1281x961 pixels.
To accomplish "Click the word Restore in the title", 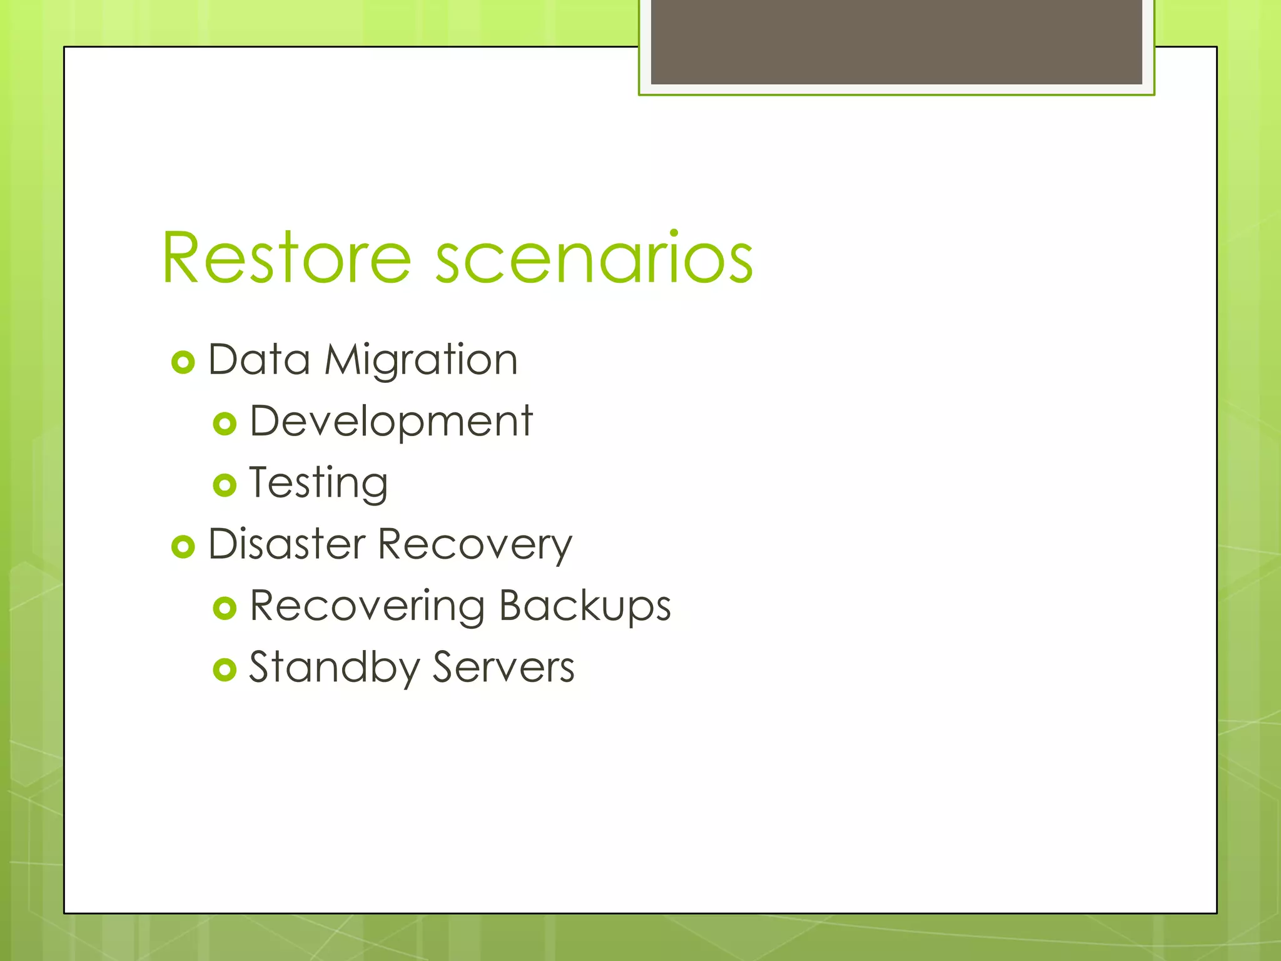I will [x=286, y=258].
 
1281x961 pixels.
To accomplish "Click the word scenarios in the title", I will [x=594, y=258].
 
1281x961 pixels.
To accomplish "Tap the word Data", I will [x=259, y=360].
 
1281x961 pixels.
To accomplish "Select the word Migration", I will [x=421, y=360].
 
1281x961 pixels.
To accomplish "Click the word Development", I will [x=391, y=422].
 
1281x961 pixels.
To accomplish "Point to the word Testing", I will [x=318, y=483].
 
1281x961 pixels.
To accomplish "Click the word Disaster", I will [x=286, y=544].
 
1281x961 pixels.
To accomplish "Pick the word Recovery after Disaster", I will [x=475, y=544].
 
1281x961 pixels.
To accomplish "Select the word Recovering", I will [x=367, y=606].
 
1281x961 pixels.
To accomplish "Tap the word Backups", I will [x=585, y=606].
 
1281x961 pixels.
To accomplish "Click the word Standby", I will [x=335, y=668].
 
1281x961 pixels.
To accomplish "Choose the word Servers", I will [x=504, y=668].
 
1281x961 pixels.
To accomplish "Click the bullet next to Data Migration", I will [x=183, y=362].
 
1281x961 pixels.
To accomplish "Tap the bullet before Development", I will [x=225, y=424].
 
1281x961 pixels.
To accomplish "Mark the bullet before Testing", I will [x=225, y=485].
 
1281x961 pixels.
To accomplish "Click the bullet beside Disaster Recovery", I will [x=183, y=547].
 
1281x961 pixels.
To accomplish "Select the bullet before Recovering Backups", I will [x=225, y=608].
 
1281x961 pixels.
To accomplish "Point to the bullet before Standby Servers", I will [x=225, y=669].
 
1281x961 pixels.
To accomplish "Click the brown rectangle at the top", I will [x=896, y=41].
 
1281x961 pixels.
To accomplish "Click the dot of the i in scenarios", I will [x=674, y=234].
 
